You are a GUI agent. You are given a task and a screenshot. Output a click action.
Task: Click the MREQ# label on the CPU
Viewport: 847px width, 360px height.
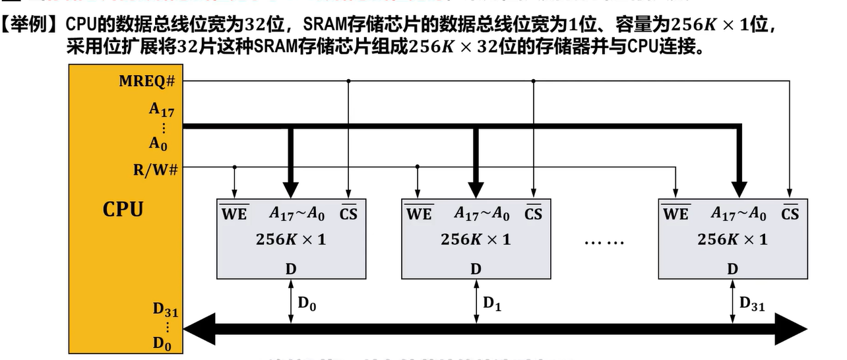pos(146,81)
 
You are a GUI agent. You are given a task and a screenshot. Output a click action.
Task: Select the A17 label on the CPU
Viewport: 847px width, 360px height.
pos(161,110)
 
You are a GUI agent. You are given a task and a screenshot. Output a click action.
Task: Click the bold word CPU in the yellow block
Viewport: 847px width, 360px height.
pos(123,210)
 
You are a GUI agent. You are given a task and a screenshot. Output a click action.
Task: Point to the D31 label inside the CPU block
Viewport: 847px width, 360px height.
pos(165,309)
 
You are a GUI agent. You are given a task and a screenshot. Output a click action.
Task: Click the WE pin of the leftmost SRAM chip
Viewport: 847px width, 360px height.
pos(234,214)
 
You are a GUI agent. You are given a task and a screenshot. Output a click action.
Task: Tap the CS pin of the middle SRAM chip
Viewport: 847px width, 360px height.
pos(533,214)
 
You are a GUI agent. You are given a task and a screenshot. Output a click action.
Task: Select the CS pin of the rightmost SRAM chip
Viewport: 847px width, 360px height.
pos(790,214)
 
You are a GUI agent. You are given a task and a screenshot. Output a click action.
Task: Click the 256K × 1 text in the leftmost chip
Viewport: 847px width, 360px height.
pos(291,239)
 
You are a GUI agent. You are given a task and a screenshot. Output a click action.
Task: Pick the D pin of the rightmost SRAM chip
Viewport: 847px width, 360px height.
pos(732,268)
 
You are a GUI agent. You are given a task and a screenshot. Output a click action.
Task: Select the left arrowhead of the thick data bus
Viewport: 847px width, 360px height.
pos(198,326)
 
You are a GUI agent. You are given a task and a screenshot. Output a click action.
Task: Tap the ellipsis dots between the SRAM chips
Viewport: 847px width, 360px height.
pos(604,242)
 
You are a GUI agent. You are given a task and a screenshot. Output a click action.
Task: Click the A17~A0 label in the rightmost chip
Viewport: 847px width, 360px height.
pos(738,214)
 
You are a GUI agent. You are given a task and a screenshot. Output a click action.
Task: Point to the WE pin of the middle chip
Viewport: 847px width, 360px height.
pos(418,214)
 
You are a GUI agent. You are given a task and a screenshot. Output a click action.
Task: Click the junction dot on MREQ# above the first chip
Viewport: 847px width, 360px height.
pos(348,81)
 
